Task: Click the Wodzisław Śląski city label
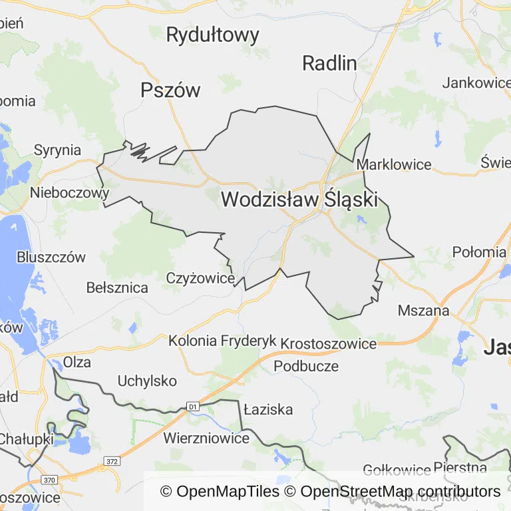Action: coord(299,199)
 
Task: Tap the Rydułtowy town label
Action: coord(212,35)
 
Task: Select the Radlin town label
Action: coord(329,63)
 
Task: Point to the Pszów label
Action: coord(170,90)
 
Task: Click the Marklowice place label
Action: coord(394,164)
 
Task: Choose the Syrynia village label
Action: coord(57,150)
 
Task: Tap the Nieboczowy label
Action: coord(69,193)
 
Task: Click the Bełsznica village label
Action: coord(117,288)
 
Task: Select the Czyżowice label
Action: coord(200,278)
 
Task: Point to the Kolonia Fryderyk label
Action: coord(222,341)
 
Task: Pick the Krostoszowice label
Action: coord(329,343)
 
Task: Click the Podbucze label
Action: coord(306,366)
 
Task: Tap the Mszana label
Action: coord(423,310)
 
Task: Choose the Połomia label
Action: coord(479,252)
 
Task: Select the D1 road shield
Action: coord(193,405)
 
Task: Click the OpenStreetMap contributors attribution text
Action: coord(401,492)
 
